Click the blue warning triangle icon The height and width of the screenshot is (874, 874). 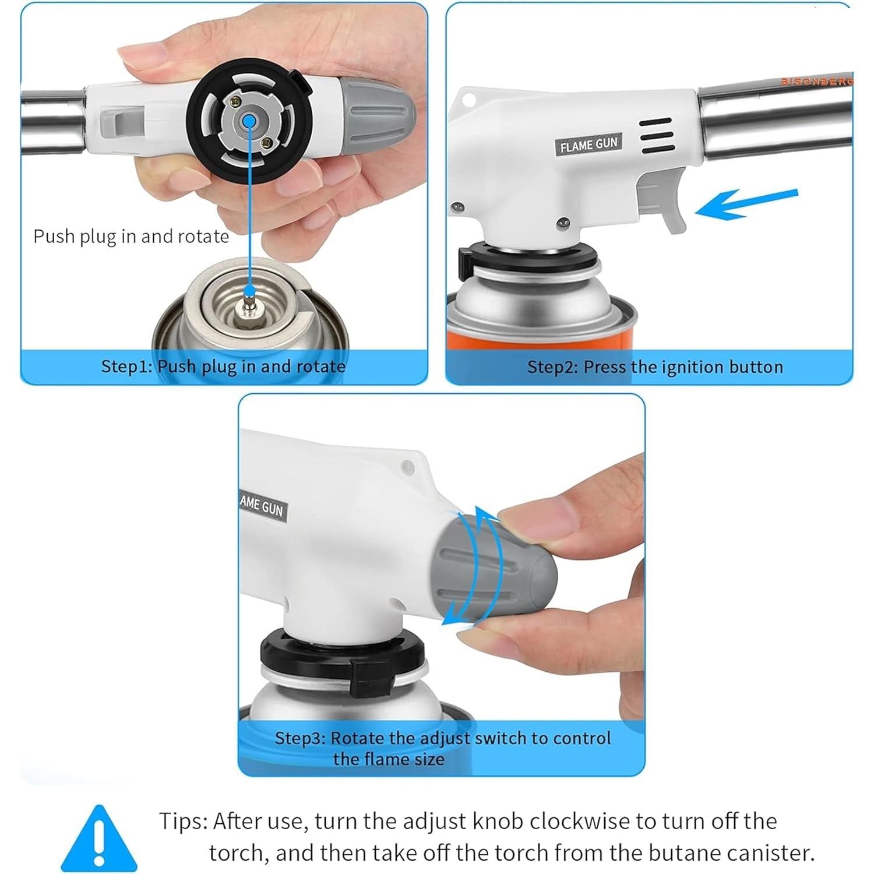(100, 839)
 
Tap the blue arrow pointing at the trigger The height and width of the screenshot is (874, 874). (746, 203)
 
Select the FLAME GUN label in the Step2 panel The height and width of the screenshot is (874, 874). (588, 143)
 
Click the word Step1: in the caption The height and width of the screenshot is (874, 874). (127, 366)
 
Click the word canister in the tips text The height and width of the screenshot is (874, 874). (769, 852)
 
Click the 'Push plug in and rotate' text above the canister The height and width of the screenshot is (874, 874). (131, 237)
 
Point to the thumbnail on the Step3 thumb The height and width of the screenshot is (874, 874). (532, 513)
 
